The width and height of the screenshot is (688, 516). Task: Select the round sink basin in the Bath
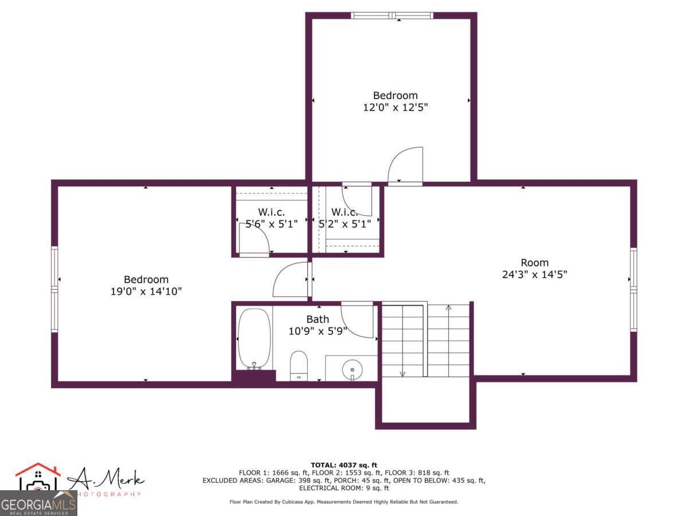[x=351, y=370]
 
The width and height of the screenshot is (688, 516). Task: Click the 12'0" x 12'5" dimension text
[x=396, y=107]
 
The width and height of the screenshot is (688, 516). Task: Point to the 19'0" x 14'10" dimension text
[x=146, y=291]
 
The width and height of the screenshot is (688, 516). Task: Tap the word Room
[x=534, y=263]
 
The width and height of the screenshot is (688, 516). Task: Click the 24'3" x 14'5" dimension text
[x=534, y=275]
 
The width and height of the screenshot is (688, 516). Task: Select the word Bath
[x=318, y=319]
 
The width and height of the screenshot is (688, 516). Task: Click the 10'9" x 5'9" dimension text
[x=318, y=331]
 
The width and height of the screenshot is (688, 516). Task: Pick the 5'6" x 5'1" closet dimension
[x=271, y=224]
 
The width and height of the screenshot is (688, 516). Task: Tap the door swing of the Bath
[x=357, y=320]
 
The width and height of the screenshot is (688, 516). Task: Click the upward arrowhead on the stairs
[x=449, y=308]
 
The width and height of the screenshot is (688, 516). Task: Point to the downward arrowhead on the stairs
[x=402, y=374]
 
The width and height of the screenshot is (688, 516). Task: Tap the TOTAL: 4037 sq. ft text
[x=344, y=465]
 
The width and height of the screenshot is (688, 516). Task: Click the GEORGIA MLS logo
[x=38, y=504]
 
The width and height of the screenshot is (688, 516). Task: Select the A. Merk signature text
[x=107, y=479]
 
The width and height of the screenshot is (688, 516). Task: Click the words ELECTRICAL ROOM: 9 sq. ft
[x=344, y=488]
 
